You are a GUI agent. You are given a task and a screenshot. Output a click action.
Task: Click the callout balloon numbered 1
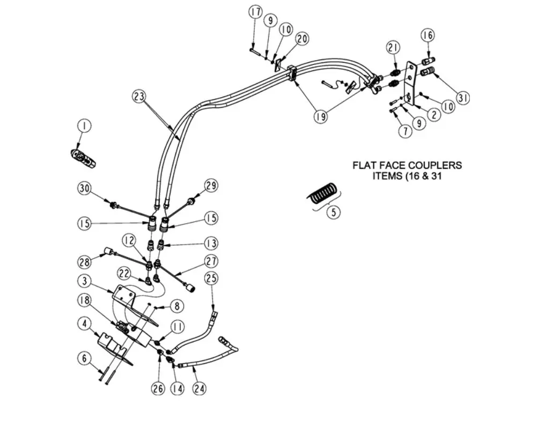[84, 126]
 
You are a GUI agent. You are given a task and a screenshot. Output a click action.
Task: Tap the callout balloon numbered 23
[139, 97]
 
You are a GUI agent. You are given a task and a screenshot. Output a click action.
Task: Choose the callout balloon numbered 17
[255, 12]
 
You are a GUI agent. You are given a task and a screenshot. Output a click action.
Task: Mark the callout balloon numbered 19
[320, 116]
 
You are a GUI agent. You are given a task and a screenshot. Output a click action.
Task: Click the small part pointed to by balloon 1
[84, 158]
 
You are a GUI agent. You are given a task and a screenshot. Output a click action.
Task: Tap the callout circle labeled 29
[211, 186]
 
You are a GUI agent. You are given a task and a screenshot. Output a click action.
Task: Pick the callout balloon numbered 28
[84, 262]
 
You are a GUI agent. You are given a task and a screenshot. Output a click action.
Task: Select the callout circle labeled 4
[84, 325]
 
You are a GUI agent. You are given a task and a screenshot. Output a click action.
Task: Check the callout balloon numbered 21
[393, 48]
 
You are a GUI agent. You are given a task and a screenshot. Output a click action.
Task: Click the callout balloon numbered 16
[427, 35]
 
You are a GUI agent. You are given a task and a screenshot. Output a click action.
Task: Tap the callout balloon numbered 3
[84, 281]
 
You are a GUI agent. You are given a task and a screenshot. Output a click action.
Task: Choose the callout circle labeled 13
[211, 244]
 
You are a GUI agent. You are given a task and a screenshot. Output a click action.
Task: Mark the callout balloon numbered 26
[158, 388]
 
